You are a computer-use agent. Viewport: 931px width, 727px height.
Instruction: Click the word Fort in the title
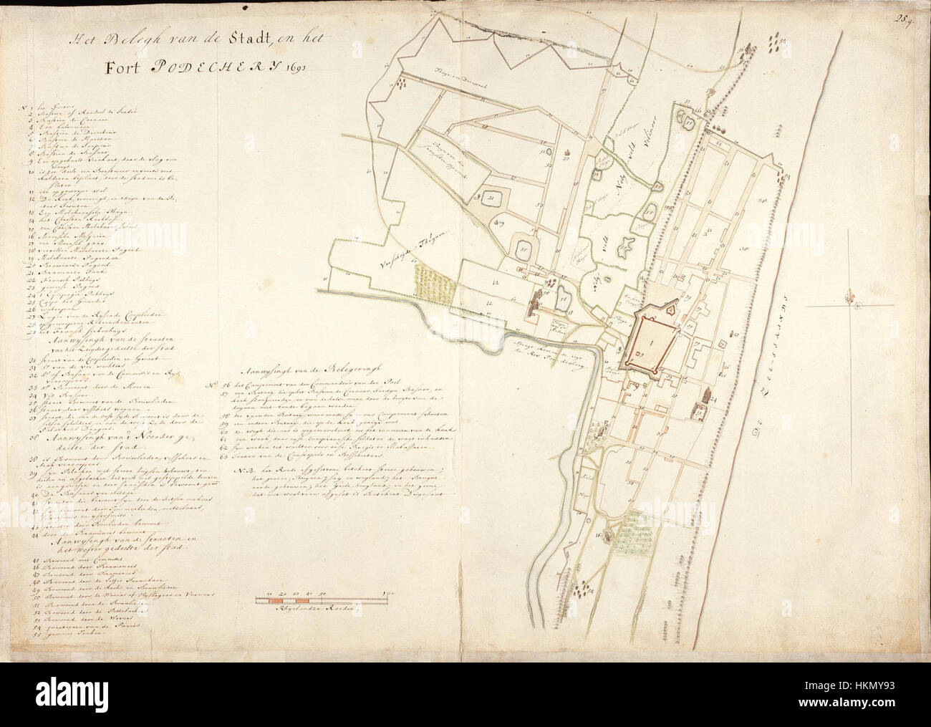coord(123,69)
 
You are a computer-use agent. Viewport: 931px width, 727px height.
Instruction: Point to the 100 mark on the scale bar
coord(391,594)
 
